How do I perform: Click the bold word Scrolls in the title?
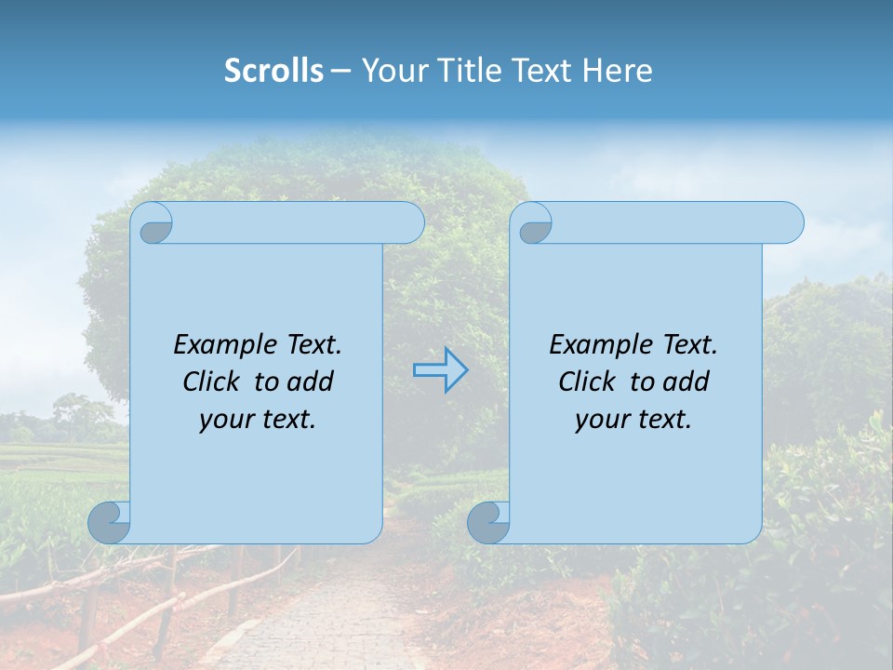pyautogui.click(x=273, y=71)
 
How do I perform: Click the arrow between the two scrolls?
pyautogui.click(x=440, y=370)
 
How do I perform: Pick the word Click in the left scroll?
pyautogui.click(x=214, y=382)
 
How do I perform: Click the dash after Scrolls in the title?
pyautogui.click(x=341, y=71)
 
